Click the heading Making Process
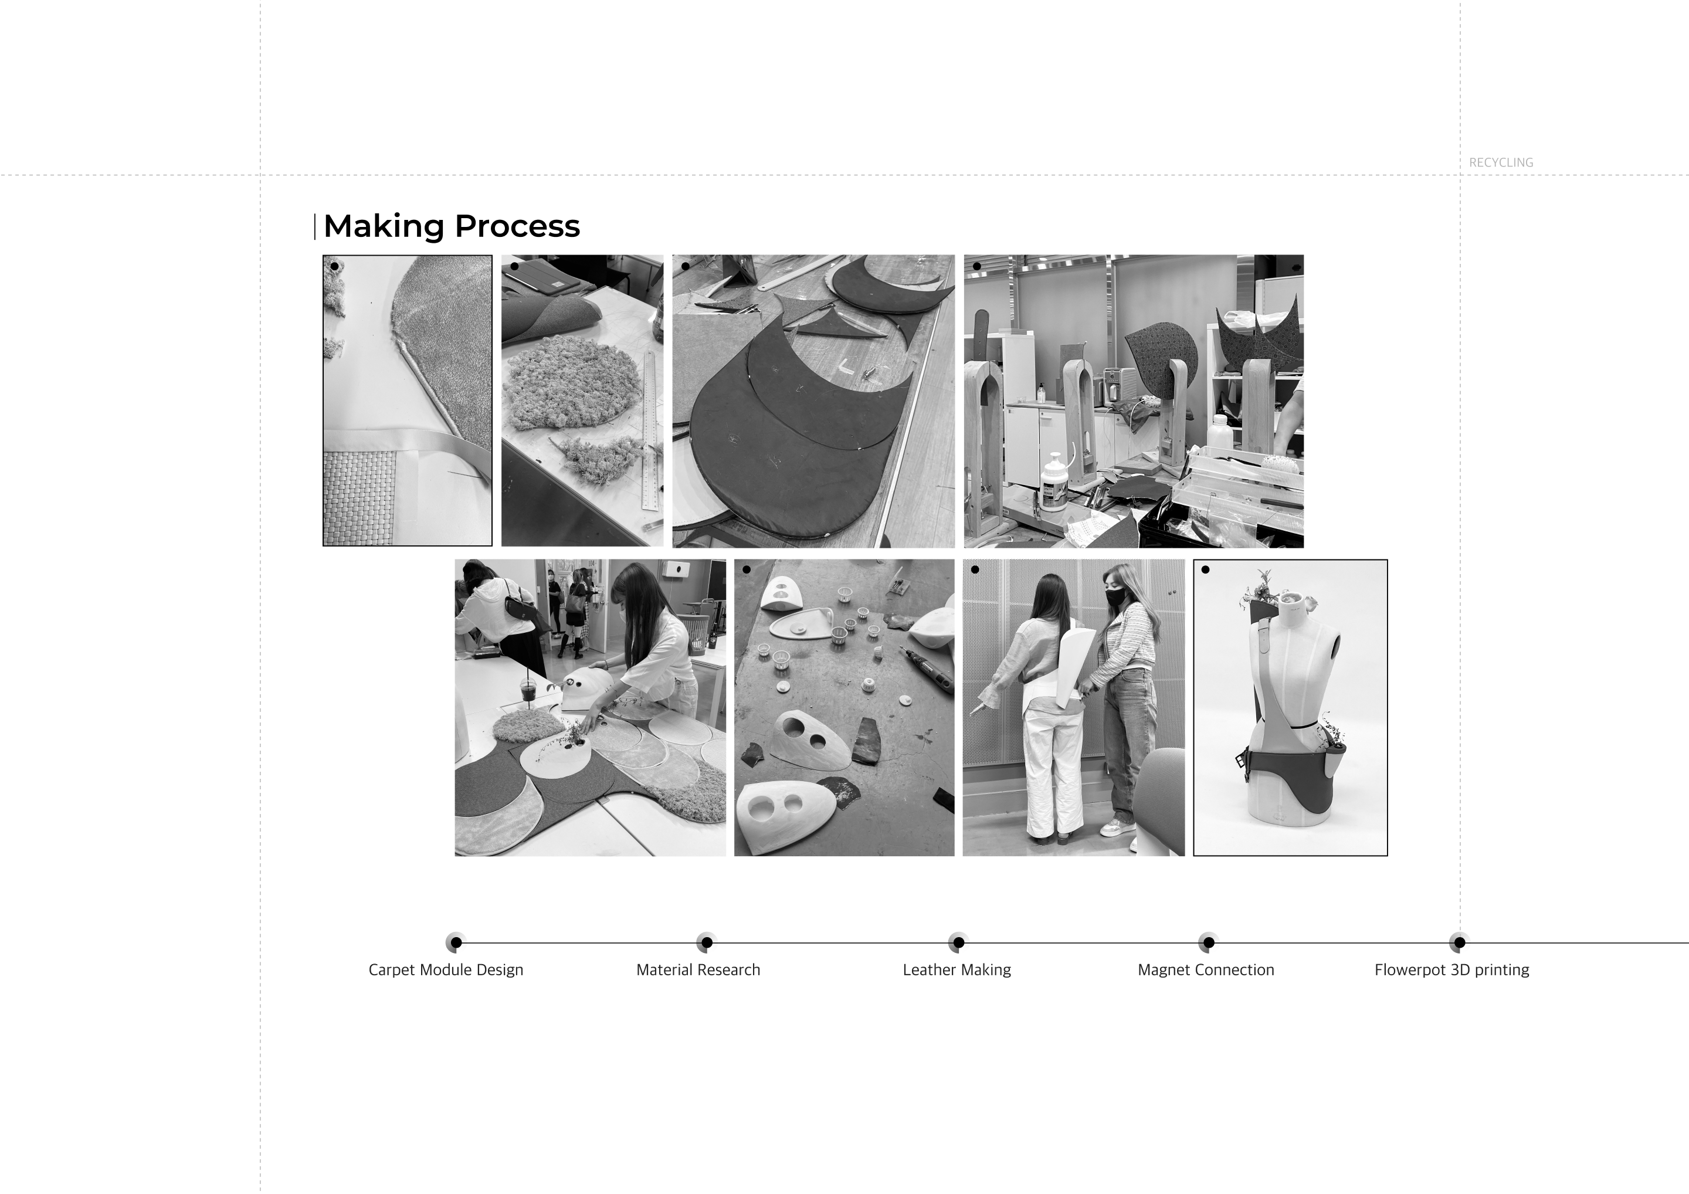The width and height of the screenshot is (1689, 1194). pos(451,226)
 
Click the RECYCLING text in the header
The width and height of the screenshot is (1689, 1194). pos(1501,162)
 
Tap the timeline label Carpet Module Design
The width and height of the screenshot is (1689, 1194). pos(446,969)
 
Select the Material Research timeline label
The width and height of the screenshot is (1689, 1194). pos(698,969)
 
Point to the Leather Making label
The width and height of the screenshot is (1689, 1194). pos(957,969)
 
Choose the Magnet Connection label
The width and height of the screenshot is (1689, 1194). pos(1206,969)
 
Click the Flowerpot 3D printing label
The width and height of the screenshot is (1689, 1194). pos(1451,969)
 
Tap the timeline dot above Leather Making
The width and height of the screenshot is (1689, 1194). pos(958,942)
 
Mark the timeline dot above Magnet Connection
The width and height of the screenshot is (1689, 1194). pos(1209,942)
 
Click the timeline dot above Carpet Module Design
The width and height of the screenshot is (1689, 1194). pos(456,942)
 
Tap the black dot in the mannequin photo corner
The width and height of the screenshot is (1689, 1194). pos(1205,569)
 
